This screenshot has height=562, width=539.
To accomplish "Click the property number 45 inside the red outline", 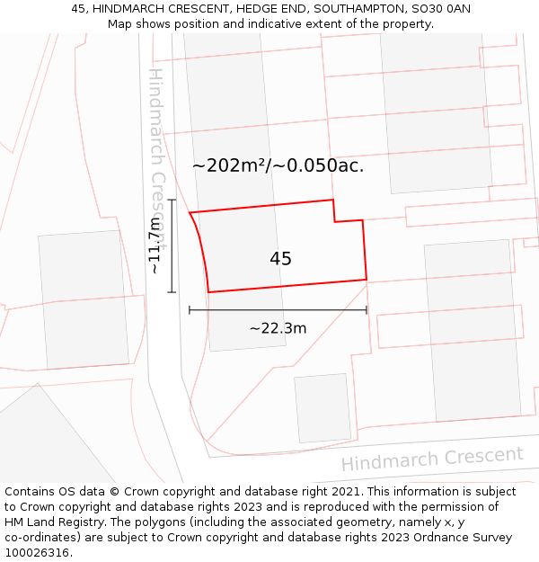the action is (x=280, y=259).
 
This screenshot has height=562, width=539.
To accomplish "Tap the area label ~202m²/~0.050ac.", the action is (x=278, y=165).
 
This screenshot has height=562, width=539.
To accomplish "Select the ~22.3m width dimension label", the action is (x=278, y=328).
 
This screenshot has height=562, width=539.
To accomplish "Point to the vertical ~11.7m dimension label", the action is (x=155, y=245).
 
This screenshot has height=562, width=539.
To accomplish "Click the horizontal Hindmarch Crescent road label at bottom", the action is (x=431, y=459).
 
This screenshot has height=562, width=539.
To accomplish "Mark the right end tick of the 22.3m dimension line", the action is (x=367, y=310).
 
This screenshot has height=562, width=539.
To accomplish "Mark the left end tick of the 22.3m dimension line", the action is (x=190, y=310).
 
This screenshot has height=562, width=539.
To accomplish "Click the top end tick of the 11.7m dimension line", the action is (x=172, y=200).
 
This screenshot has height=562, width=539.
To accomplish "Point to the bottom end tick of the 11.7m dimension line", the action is (x=172, y=292).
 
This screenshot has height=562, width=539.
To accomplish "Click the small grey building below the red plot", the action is (x=323, y=408).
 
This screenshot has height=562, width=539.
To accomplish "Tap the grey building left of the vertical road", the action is (x=83, y=299).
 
